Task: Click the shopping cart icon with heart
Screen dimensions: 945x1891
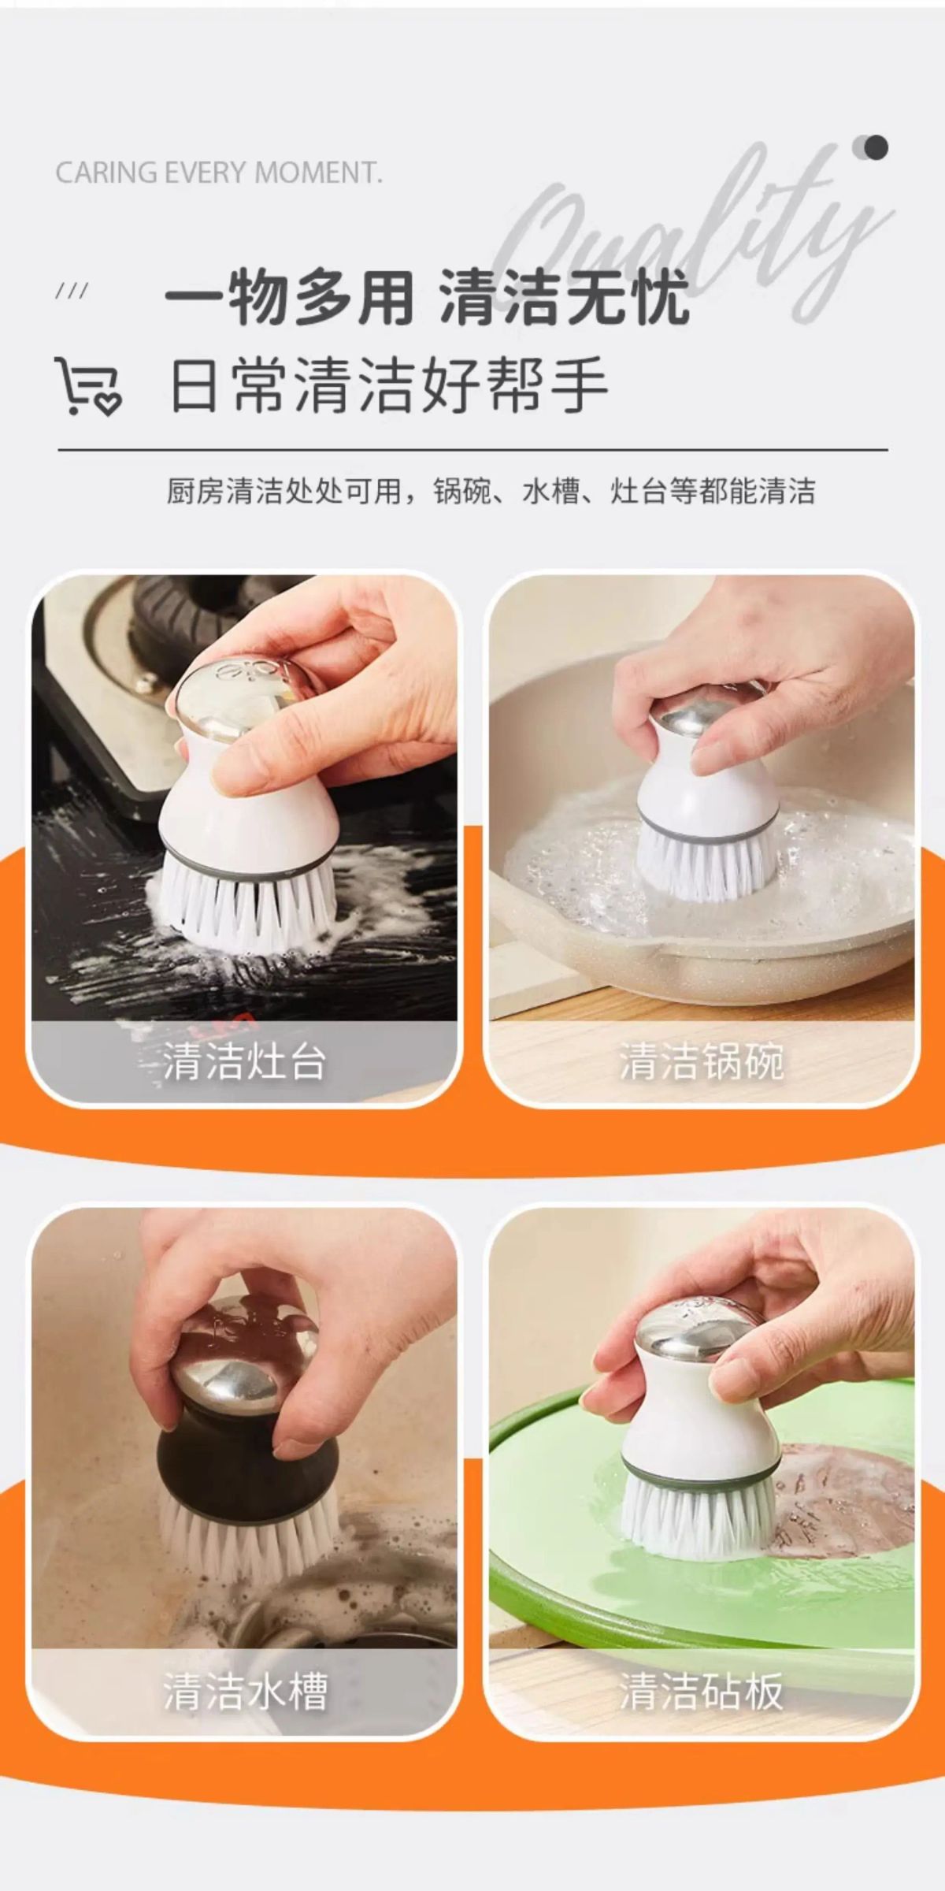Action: (87, 385)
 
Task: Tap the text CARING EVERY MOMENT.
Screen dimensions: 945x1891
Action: (219, 173)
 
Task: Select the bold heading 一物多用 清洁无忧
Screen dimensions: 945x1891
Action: (427, 298)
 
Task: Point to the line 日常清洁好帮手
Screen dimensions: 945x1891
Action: (389, 385)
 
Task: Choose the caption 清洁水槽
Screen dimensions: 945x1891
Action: (244, 1691)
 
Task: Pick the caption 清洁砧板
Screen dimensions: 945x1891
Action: (701, 1691)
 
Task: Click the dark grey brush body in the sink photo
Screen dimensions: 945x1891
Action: (248, 1462)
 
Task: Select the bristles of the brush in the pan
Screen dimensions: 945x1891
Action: (706, 863)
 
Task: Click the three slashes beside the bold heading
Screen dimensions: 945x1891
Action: (72, 292)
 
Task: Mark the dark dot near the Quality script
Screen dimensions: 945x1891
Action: (875, 147)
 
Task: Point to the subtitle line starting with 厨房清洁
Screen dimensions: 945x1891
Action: (490, 491)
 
